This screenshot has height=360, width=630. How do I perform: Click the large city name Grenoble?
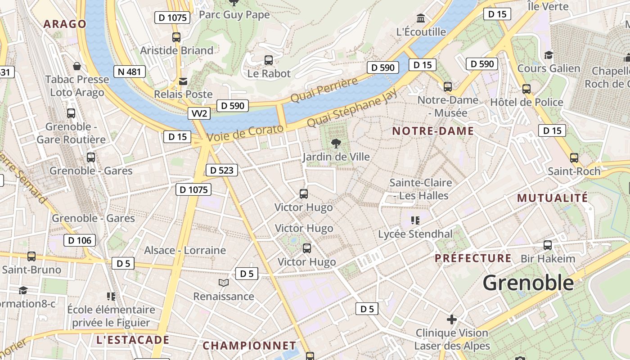[528, 283]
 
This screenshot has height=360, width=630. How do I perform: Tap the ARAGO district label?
[64, 24]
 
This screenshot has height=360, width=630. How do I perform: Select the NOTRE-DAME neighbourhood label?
[433, 131]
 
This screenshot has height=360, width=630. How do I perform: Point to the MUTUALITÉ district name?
[552, 198]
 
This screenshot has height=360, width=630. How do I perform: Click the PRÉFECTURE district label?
[473, 258]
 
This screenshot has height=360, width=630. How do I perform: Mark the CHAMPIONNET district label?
[249, 346]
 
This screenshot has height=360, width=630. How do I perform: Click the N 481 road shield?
[130, 72]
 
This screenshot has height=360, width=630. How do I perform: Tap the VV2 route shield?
[199, 113]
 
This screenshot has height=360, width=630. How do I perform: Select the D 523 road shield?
[221, 170]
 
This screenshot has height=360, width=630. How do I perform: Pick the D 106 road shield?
[80, 240]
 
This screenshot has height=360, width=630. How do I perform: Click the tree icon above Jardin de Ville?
[336, 144]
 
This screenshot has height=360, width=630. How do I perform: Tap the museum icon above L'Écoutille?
[421, 18]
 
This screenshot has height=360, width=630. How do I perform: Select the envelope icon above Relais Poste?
[183, 81]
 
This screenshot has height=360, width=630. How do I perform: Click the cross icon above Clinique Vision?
[452, 319]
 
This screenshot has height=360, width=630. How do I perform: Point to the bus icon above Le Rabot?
[269, 60]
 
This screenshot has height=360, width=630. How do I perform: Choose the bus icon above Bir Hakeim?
[548, 245]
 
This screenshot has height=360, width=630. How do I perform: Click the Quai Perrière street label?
[324, 90]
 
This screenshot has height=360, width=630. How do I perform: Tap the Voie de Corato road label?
[245, 133]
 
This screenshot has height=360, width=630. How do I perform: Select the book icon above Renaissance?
[224, 283]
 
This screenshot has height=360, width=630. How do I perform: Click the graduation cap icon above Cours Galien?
[549, 55]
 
